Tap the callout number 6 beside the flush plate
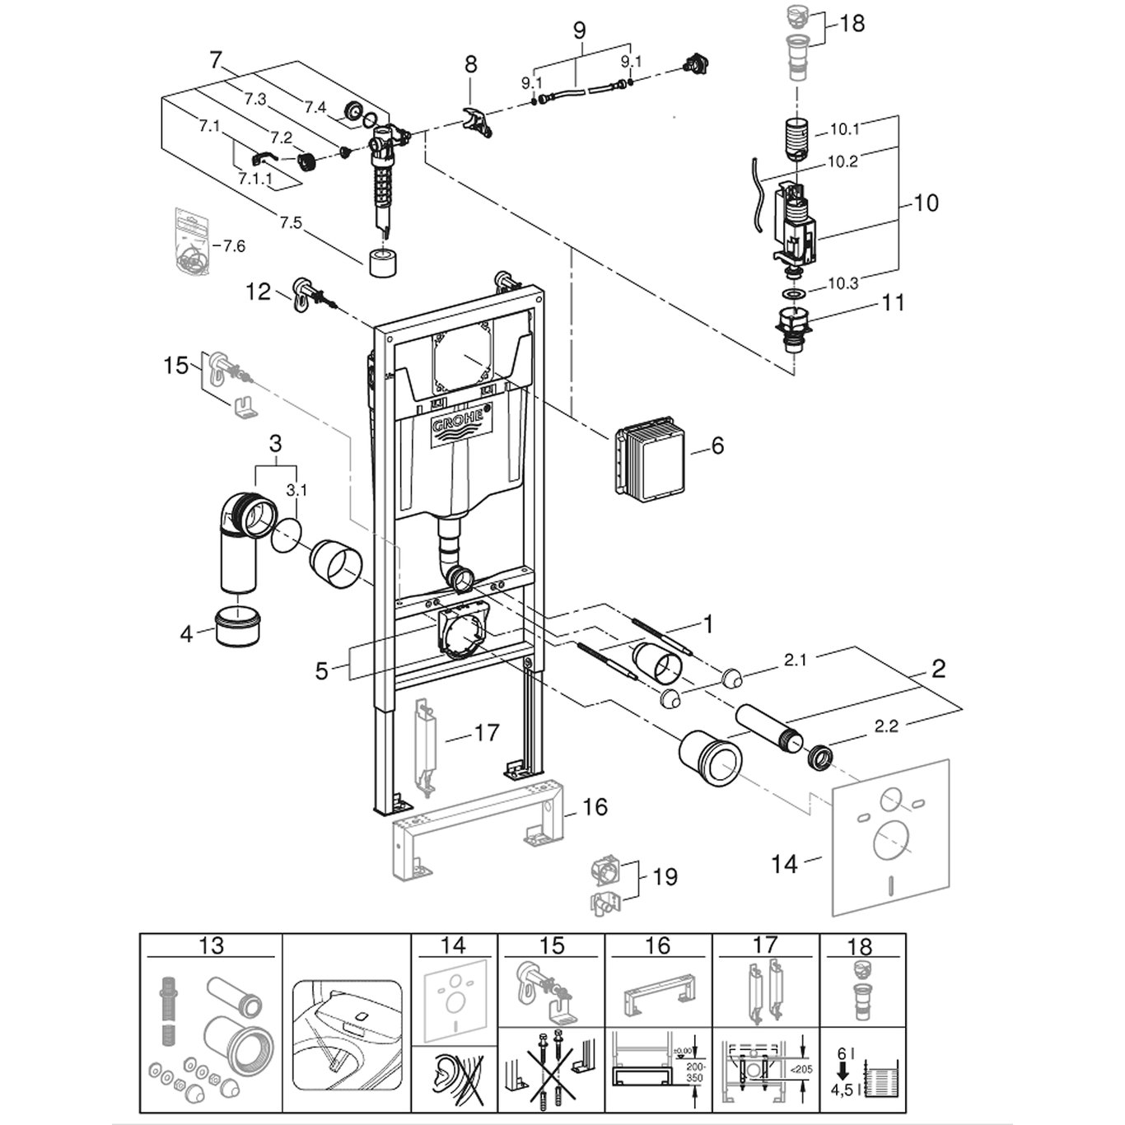click(717, 446)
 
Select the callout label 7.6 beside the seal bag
click(233, 246)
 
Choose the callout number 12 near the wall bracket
click(259, 291)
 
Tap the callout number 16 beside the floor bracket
click(594, 807)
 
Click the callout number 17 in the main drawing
click(486, 731)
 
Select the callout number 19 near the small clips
click(665, 876)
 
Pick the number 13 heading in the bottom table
click(211, 945)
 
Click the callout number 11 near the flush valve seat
click(892, 302)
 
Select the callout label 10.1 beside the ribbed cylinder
click(844, 129)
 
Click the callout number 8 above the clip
click(470, 64)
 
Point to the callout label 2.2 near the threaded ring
click(885, 726)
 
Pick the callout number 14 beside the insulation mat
click(785, 863)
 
